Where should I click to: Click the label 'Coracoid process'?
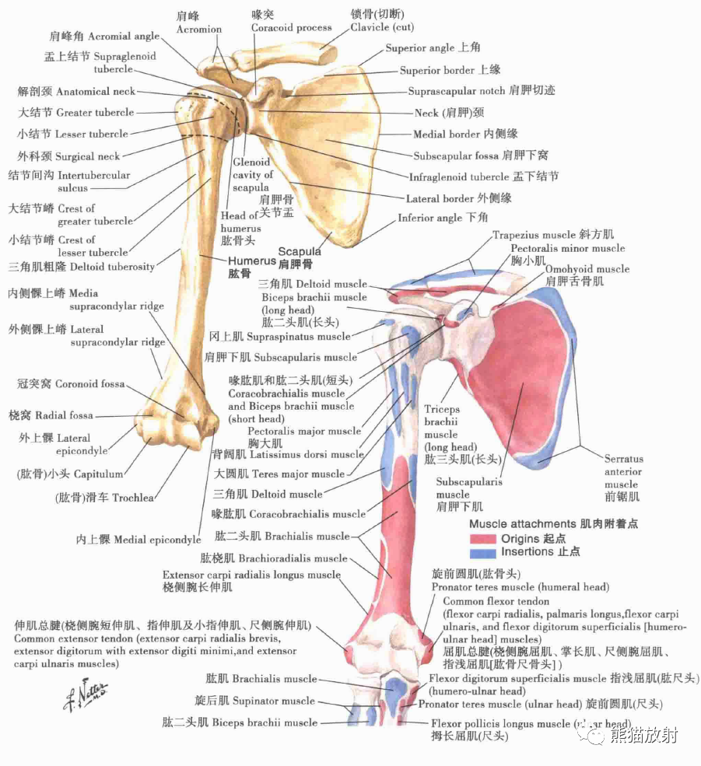[291, 28]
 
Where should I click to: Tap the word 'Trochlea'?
[133, 498]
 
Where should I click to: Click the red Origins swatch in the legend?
[482, 539]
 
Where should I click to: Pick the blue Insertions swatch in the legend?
[482, 552]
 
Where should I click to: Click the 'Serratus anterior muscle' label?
[622, 472]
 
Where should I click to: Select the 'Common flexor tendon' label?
[496, 601]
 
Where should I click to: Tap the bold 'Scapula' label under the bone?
[300, 252]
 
